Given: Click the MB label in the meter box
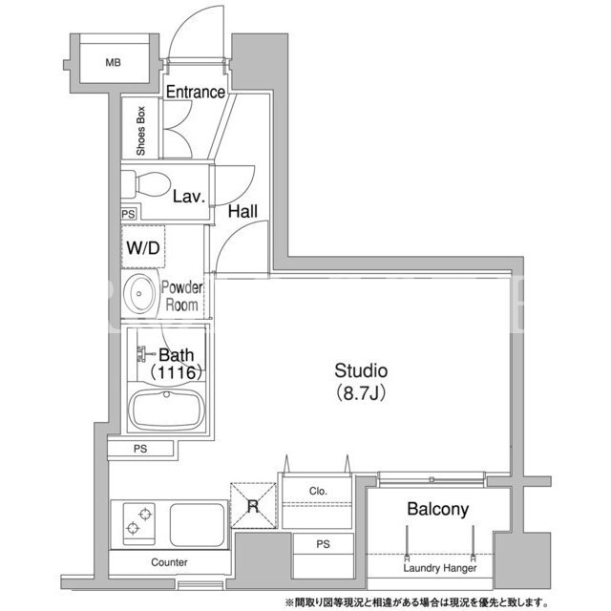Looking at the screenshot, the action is click(113, 62).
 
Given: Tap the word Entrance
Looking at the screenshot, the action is click(196, 92).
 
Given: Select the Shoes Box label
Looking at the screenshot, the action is click(140, 131).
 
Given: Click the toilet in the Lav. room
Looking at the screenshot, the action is click(147, 184).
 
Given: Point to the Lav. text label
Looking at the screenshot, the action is click(189, 197).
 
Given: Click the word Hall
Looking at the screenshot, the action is click(242, 211).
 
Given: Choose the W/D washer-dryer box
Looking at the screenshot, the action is click(143, 246).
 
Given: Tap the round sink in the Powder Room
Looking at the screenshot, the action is click(139, 293).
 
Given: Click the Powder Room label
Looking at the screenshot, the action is click(182, 296).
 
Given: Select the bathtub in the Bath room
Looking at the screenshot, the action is click(167, 410).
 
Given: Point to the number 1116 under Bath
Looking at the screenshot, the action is click(176, 372).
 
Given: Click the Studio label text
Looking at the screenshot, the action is click(361, 370).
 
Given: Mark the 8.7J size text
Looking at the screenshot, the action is click(361, 393).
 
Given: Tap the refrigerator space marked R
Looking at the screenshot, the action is click(253, 505).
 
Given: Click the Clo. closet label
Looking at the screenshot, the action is click(318, 491).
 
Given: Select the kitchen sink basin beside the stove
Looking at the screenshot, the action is click(198, 524).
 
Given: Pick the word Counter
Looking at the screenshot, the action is click(169, 562).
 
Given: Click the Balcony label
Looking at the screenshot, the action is click(437, 509).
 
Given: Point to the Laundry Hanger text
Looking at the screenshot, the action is click(440, 568).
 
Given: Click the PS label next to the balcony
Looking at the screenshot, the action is click(323, 544).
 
